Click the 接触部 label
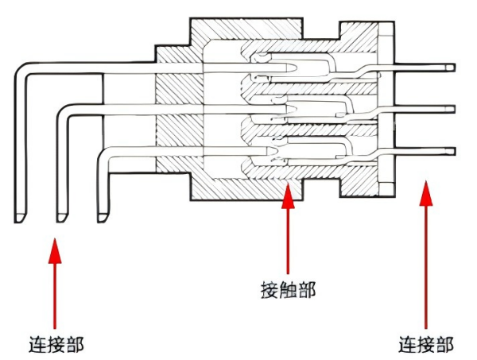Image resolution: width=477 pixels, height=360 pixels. [x=288, y=290]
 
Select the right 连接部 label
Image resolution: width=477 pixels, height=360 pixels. [x=426, y=345]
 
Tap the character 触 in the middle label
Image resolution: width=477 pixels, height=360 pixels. [x=288, y=290]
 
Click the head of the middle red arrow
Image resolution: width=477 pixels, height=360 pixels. [x=288, y=194]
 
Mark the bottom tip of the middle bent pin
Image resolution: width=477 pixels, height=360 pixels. [x=62, y=216]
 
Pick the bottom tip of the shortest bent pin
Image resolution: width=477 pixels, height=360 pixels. [x=103, y=216]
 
